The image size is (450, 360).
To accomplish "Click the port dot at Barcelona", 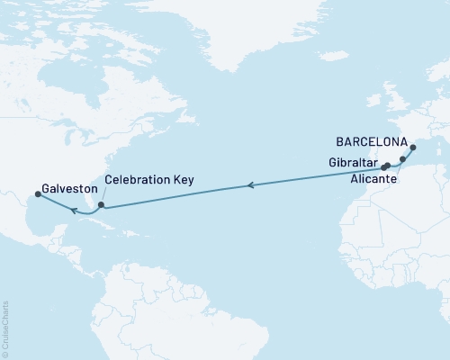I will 413,148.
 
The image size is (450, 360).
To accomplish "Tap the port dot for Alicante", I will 403,159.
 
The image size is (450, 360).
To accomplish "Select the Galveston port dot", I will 38,193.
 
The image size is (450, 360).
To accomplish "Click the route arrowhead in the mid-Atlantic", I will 250,186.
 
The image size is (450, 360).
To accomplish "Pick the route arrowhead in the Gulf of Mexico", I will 73,210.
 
